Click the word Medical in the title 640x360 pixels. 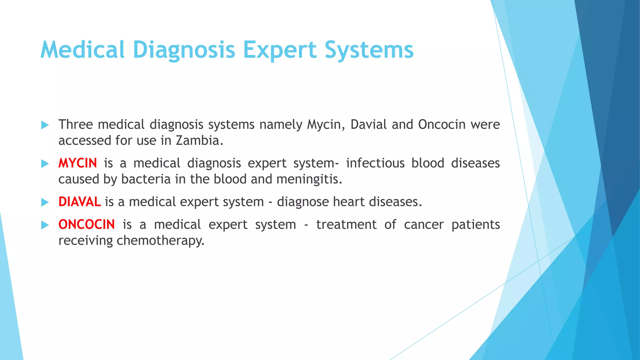[82, 50]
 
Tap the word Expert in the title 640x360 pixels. [280, 50]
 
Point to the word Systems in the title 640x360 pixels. [369, 50]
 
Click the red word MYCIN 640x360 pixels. [77, 163]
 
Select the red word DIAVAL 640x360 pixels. [79, 202]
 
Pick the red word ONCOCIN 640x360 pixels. [87, 225]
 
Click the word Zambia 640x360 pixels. [199, 141]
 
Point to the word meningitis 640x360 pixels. [309, 179]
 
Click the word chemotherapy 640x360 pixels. [160, 241]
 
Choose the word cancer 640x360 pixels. [423, 225]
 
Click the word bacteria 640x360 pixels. [146, 179]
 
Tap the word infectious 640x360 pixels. [375, 163]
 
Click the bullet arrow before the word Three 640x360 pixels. [45, 125]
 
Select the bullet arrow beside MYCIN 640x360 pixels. [45, 164]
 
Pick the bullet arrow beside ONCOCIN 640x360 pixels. [45, 225]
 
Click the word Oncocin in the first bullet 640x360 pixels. [442, 125]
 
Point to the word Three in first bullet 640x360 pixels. [76, 125]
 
